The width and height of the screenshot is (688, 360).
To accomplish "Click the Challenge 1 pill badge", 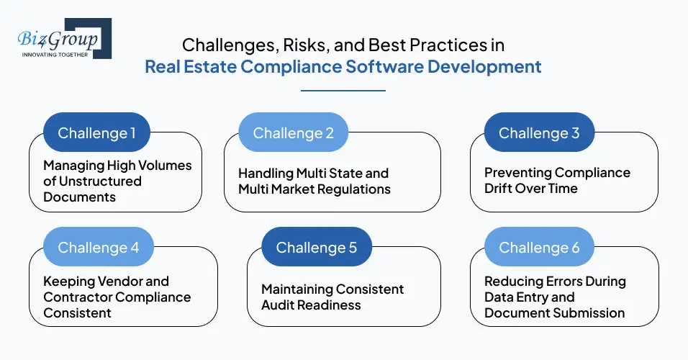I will (96, 133).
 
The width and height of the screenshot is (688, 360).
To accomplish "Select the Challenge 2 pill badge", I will (293, 133).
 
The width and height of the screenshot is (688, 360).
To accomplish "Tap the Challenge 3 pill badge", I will (539, 133).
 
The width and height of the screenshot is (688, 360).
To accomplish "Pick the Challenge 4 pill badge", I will (98, 248).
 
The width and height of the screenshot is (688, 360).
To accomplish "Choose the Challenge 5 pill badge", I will (317, 248).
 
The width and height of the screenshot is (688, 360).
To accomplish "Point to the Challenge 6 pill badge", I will (539, 248).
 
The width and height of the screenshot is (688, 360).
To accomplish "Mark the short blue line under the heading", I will (343, 91).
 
